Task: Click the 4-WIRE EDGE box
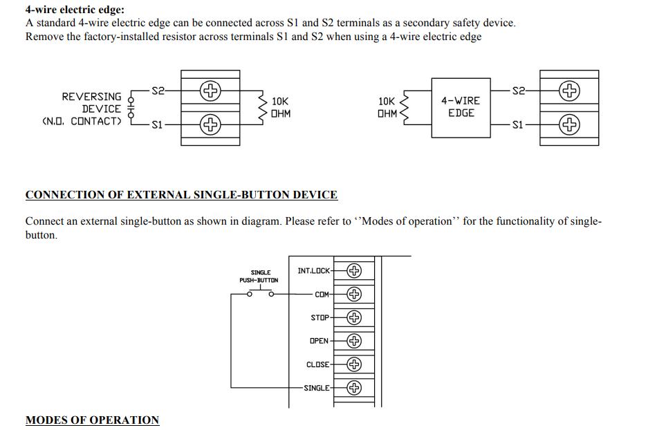click(x=461, y=108)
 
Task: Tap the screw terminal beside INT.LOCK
click(x=354, y=270)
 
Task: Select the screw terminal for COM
click(x=354, y=294)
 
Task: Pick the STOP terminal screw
click(x=354, y=317)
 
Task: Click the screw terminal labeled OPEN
click(x=354, y=341)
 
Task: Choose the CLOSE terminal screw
click(x=354, y=364)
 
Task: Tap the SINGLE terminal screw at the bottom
click(x=354, y=388)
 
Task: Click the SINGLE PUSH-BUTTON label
click(x=259, y=277)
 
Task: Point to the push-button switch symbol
click(x=260, y=292)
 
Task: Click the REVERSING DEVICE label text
click(x=91, y=103)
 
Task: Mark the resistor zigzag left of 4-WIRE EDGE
click(x=404, y=108)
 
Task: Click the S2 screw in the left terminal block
click(x=210, y=91)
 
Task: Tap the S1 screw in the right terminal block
click(x=569, y=125)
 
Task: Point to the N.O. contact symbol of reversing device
click(x=131, y=107)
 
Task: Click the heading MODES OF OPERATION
click(x=92, y=420)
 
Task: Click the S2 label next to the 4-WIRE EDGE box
click(x=518, y=91)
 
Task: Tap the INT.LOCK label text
click(x=313, y=271)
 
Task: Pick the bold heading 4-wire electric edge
click(x=75, y=10)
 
